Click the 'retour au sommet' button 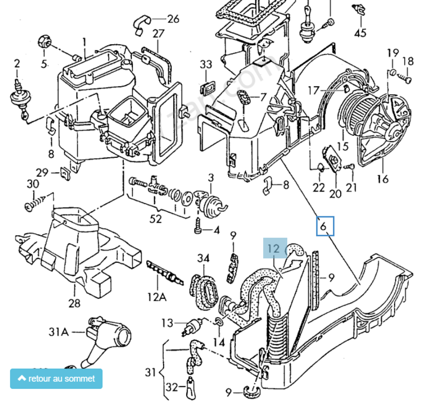[x=56, y=379]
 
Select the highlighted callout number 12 [x=274, y=249]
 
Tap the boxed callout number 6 [x=324, y=226]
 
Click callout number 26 [x=173, y=19]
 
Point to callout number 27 [x=158, y=34]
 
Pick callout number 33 [x=206, y=65]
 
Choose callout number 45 [x=361, y=33]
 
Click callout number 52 [x=155, y=219]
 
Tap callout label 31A [x=58, y=332]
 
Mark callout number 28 [x=74, y=303]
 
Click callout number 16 [x=382, y=179]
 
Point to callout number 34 [x=204, y=259]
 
